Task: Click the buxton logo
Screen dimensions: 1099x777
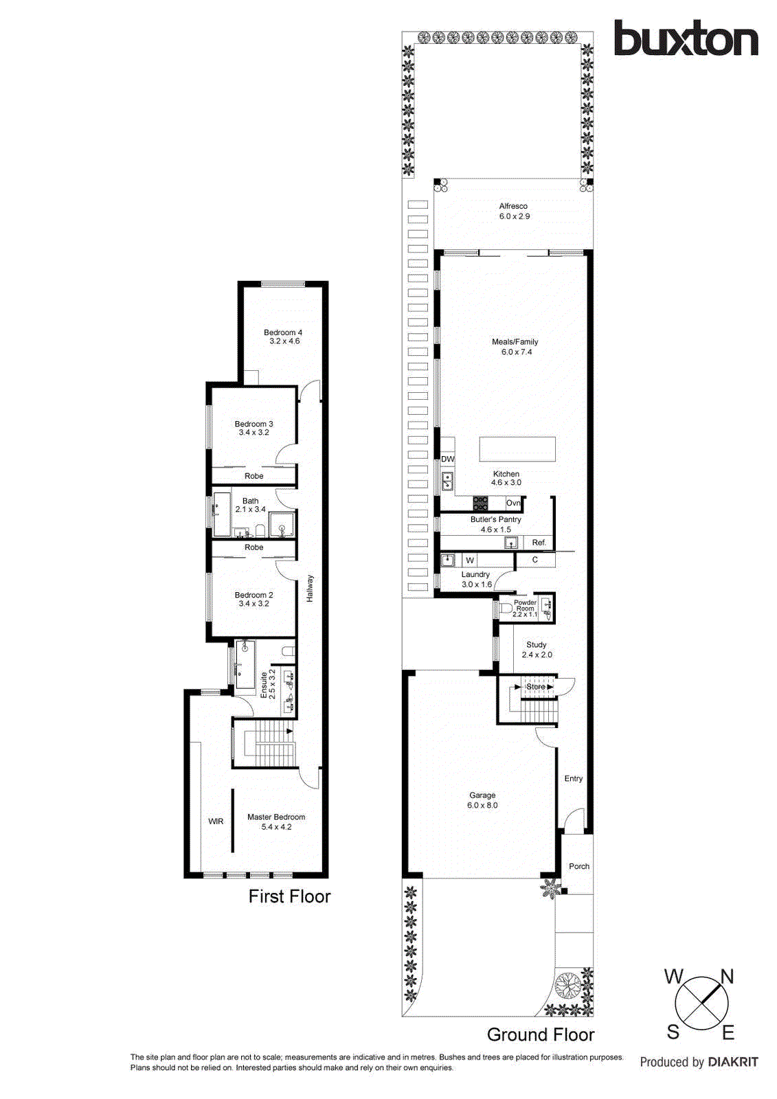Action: coord(686,38)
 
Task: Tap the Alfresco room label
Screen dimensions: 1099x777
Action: coord(514,211)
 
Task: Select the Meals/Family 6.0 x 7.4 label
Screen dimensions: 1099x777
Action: coord(515,347)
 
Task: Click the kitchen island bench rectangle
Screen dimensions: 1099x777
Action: coord(517,449)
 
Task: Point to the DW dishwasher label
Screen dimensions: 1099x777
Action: coord(448,459)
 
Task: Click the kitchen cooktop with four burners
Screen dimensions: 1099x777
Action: coord(480,503)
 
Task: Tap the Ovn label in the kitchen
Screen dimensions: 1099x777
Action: coord(513,503)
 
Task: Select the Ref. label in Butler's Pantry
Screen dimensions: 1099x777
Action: coord(539,543)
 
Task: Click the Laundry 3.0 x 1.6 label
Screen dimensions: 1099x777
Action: coord(476,579)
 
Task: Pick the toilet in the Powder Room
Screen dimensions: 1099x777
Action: coord(506,608)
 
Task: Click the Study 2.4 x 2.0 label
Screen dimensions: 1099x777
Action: coord(537,650)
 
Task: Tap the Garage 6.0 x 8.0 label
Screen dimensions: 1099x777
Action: coord(482,800)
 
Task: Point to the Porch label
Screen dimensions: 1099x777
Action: coord(579,866)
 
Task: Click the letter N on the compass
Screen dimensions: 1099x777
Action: coord(727,977)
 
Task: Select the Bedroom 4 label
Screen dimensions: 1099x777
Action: coord(284,337)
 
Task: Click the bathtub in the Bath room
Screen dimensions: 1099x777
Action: coord(221,514)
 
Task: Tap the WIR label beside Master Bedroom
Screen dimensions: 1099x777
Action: coord(216,822)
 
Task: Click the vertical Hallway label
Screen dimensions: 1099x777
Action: coord(310,589)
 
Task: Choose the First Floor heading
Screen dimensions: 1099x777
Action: coord(289,896)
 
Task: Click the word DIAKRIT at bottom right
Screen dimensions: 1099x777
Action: coord(732,1062)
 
